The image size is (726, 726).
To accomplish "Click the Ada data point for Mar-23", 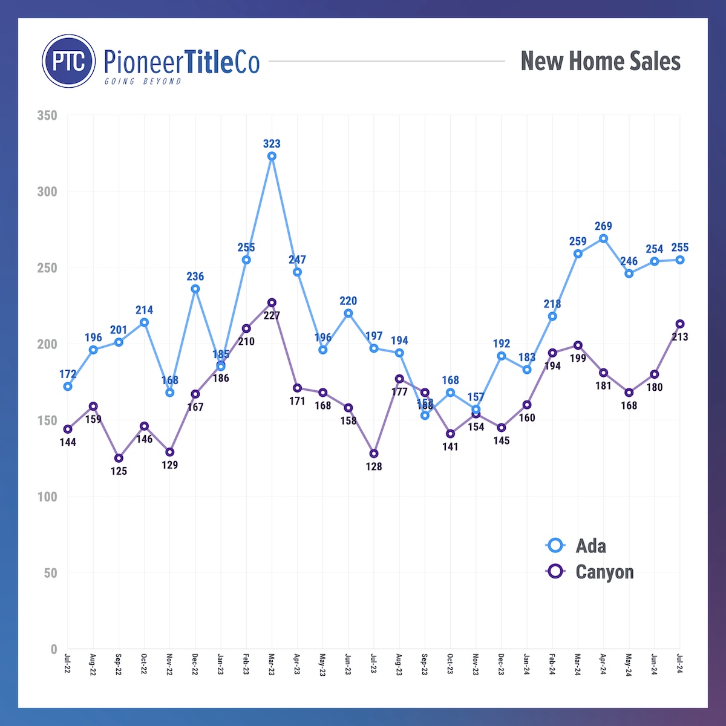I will pyautogui.click(x=272, y=156).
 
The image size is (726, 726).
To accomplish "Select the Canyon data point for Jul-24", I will pyautogui.click(x=680, y=324).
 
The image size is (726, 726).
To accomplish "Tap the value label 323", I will pyautogui.click(x=272, y=143).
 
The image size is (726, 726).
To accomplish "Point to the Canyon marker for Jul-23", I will pyautogui.click(x=374, y=453).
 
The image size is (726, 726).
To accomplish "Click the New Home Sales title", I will pyautogui.click(x=600, y=61).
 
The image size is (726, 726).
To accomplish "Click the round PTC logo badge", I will pyautogui.click(x=68, y=61).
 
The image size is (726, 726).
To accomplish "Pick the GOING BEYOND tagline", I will pyautogui.click(x=143, y=81).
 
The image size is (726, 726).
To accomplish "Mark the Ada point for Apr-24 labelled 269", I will pyautogui.click(x=603, y=238).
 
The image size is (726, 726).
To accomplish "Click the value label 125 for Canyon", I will pyautogui.click(x=119, y=471).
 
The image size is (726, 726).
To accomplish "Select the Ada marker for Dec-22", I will pyautogui.click(x=195, y=289).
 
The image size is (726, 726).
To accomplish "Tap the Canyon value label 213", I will pyautogui.click(x=680, y=336).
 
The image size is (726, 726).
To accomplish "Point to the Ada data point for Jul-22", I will pyautogui.click(x=68, y=387).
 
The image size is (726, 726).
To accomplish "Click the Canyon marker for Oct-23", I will pyautogui.click(x=450, y=434).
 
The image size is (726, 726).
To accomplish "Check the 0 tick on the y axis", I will pyautogui.click(x=53, y=649).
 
